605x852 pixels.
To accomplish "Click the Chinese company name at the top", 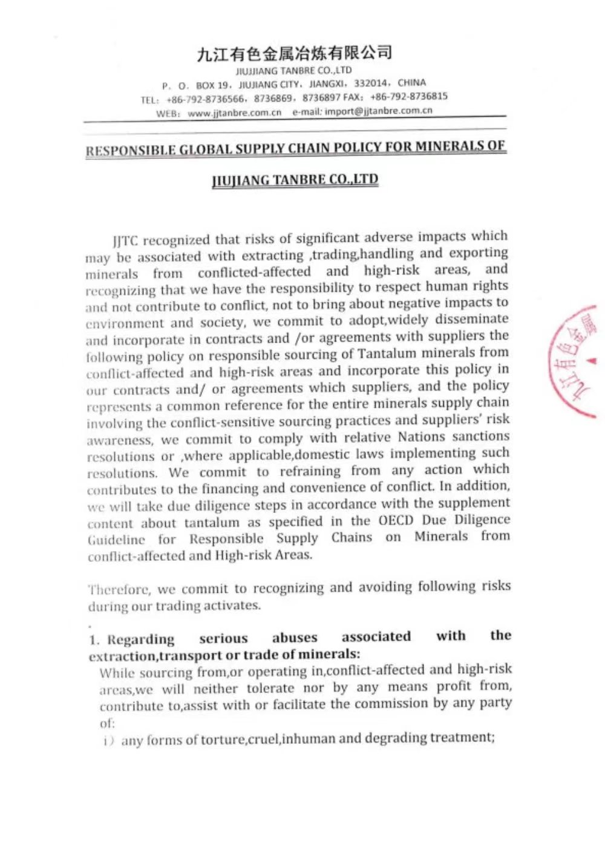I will [295, 54].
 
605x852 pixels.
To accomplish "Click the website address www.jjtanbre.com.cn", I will [235, 113].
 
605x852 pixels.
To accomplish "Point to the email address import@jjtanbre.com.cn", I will [379, 111].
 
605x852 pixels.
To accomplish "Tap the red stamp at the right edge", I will [574, 363].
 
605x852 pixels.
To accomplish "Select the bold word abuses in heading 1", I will [295, 637].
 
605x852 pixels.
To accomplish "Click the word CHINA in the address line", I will [412, 82].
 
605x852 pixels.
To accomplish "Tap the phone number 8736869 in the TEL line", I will [273, 98].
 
